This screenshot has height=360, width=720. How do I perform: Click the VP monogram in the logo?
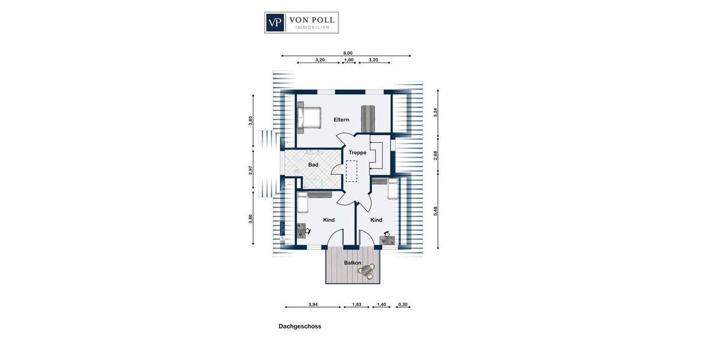pyautogui.click(x=275, y=22)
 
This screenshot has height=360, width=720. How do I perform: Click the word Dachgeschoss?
pyautogui.click(x=299, y=326)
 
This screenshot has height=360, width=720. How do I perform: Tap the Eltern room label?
pyautogui.click(x=341, y=120)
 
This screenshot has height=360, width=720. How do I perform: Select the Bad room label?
pyautogui.click(x=313, y=164)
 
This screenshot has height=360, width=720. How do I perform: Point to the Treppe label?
pyautogui.click(x=358, y=153)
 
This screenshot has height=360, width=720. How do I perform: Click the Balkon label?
pyautogui.click(x=352, y=263)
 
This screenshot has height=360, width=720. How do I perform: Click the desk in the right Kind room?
pyautogui.click(x=388, y=238)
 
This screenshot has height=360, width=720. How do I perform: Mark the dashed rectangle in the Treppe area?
pyautogui.click(x=351, y=171)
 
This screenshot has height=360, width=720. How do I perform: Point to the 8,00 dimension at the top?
pyautogui.click(x=347, y=53)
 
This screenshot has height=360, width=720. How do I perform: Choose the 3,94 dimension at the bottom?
pyautogui.click(x=313, y=304)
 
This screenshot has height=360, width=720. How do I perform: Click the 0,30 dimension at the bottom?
pyautogui.click(x=403, y=304)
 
